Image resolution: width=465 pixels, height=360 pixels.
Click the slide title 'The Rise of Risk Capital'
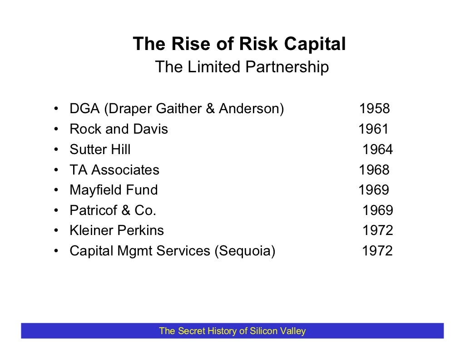coord(239,45)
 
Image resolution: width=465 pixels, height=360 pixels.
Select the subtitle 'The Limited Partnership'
coord(242,67)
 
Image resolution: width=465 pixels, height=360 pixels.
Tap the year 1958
coord(374,109)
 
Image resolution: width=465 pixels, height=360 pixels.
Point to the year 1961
coord(373,130)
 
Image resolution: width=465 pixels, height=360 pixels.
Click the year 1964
coord(377,150)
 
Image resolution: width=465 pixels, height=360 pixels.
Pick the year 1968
coord(374,170)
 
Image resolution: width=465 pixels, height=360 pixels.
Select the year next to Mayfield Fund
coord(373,190)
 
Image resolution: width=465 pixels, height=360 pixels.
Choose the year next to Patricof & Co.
coord(377,210)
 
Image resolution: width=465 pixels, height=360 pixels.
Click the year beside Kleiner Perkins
coord(377,230)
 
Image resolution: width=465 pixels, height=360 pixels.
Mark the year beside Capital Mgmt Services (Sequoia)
coord(377,251)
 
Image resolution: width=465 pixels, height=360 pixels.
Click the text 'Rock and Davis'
coord(119,130)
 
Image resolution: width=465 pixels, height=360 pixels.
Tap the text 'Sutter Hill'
coord(100,150)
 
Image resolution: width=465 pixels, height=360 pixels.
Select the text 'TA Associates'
coord(114,170)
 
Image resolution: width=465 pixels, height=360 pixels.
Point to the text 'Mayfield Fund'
coord(114,190)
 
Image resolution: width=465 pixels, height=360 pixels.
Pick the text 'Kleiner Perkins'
coord(117,230)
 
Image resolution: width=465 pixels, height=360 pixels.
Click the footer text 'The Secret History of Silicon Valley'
coord(232,331)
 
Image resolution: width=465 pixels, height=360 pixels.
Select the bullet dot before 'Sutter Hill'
coord(55,150)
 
